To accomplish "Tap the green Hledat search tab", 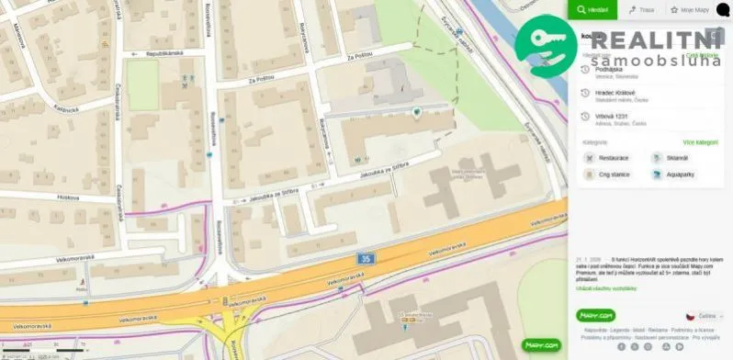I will pos(594,10).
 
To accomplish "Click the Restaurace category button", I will pos(611,158).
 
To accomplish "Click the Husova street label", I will pos(69,196).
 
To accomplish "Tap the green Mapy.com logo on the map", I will pos(540,344).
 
